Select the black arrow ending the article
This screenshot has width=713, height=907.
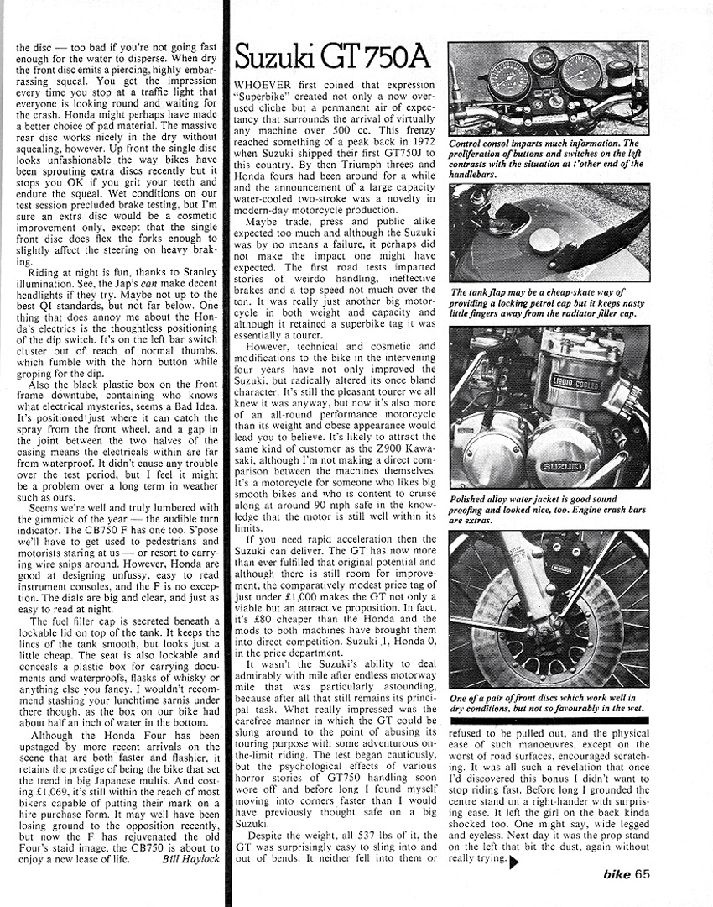click(514, 862)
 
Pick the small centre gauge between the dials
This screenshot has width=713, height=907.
click(543, 60)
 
